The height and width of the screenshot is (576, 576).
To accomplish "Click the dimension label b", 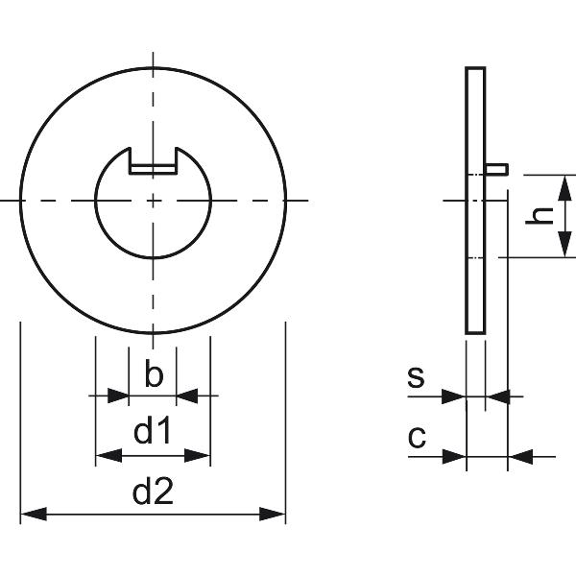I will tap(153, 374).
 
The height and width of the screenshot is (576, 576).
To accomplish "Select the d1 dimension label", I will tap(153, 433).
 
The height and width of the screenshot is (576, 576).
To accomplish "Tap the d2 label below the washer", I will tap(153, 493).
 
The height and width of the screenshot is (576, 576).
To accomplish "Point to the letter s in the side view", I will tap(415, 376).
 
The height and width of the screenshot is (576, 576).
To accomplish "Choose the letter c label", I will tap(417, 438).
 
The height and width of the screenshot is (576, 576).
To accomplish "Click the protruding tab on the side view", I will tap(496, 169).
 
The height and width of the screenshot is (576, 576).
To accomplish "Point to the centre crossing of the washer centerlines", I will tap(153, 200).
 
